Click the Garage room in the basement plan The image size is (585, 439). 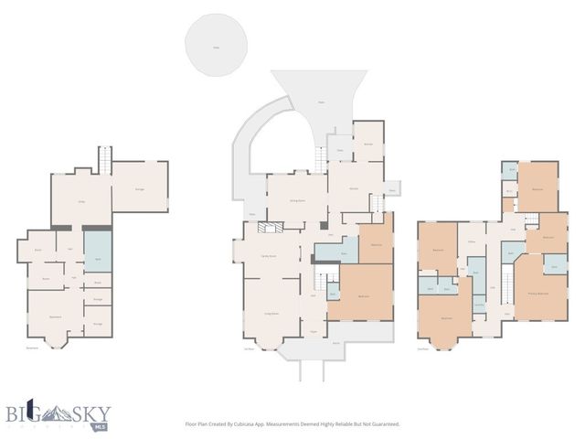click(140, 187)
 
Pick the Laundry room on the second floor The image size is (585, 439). click(478, 305)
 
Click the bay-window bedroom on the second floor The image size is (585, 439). click(446, 318)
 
